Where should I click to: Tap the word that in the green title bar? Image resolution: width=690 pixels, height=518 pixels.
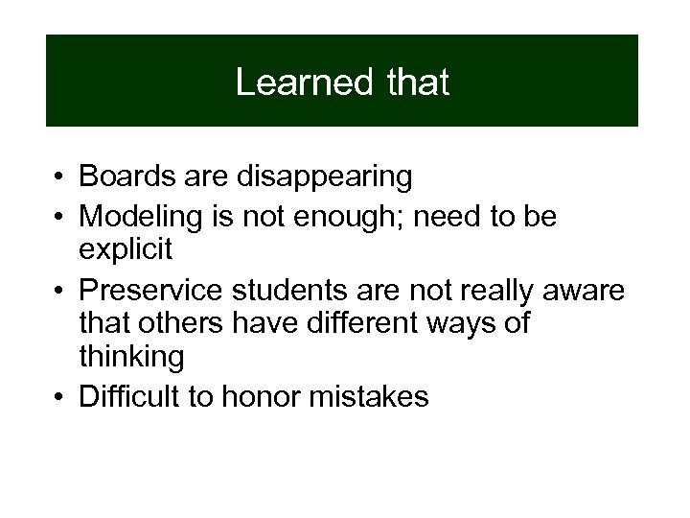[418, 82]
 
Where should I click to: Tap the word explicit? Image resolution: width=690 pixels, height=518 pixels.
[126, 251]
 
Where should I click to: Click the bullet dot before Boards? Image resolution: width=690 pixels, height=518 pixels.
[59, 178]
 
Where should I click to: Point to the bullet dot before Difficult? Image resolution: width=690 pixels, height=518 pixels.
[59, 397]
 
